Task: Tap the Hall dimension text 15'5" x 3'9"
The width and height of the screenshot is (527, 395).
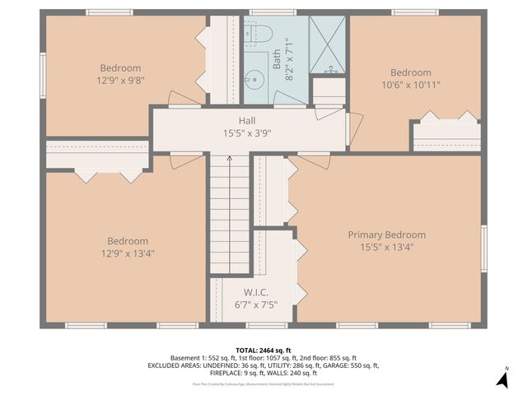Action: coord(247,132)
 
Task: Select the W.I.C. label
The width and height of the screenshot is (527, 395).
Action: coord(256,293)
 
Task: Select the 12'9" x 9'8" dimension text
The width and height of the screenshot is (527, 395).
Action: coord(121,81)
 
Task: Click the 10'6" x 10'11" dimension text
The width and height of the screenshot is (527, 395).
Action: coord(410,85)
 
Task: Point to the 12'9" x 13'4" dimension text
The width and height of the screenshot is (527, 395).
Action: coord(127,253)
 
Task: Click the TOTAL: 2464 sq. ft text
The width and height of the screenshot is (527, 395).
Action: coord(263,351)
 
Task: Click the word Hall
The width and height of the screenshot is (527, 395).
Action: coord(247,120)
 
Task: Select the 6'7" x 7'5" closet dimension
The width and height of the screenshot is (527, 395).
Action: coord(256,304)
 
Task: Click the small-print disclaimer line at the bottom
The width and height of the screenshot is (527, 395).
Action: coord(263,383)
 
